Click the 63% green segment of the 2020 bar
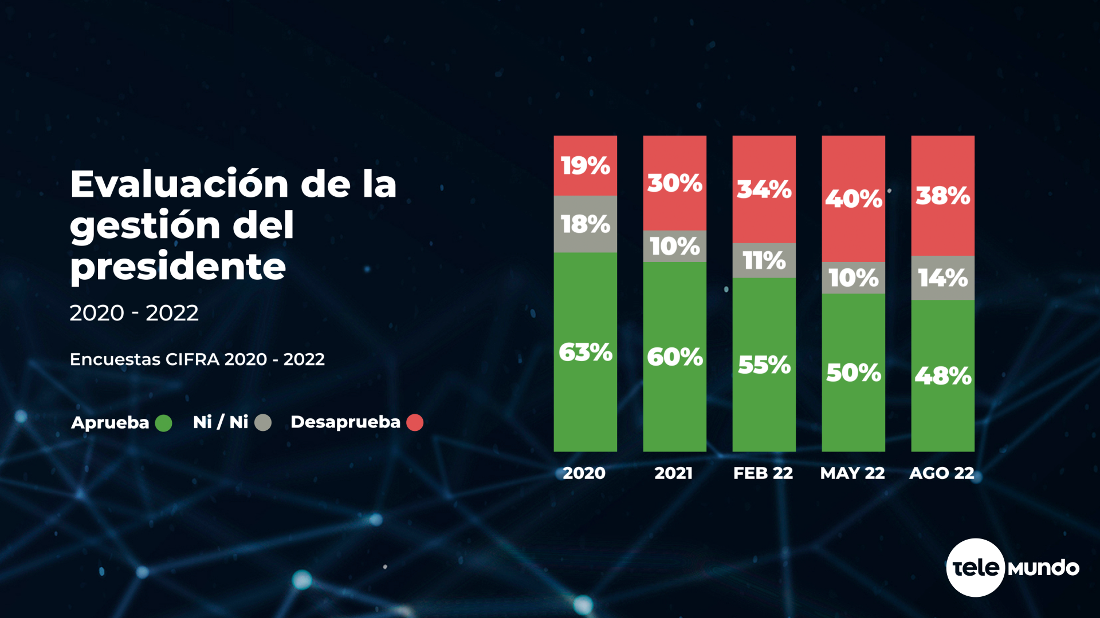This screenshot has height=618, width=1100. click(585, 352)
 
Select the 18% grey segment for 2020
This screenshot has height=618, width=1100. click(585, 224)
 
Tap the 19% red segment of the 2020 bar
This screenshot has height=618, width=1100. click(585, 165)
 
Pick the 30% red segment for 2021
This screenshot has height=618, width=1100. click(674, 183)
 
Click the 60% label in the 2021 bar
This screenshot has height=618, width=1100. click(674, 357)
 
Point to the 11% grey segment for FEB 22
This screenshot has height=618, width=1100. click(764, 261)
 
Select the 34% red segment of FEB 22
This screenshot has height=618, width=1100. click(764, 189)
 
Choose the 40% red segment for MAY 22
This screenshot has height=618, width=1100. click(853, 199)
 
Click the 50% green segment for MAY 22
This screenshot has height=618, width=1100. click(853, 373)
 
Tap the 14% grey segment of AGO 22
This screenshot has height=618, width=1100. click(942, 278)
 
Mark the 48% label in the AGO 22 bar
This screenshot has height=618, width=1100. click(942, 376)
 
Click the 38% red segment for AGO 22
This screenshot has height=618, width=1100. click(942, 196)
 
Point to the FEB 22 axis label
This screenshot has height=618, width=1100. click(763, 473)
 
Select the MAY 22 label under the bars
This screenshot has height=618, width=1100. click(852, 473)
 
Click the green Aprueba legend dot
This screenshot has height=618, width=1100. click(163, 423)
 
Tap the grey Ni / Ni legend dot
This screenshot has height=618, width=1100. click(263, 423)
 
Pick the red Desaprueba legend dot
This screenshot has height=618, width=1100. click(415, 423)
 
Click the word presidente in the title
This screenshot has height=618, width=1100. click(178, 267)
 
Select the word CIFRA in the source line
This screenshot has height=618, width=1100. click(192, 359)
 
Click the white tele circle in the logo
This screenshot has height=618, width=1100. click(976, 568)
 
